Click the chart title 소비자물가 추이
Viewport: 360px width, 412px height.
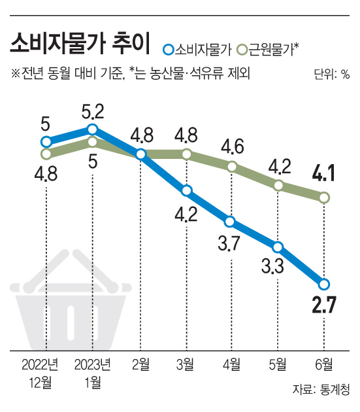[x=80, y=43]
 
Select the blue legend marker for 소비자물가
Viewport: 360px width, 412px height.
[x=168, y=50]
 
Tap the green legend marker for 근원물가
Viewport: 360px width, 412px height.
[x=242, y=50]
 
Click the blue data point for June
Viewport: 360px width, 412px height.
[x=324, y=284]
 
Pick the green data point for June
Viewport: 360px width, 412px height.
[x=324, y=197]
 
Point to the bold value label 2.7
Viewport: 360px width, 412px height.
[x=324, y=305]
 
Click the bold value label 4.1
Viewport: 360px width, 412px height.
[x=324, y=173]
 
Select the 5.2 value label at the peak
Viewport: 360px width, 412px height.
[x=93, y=111]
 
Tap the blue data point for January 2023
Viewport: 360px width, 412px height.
[x=92, y=129]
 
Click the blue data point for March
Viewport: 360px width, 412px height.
[x=186, y=190]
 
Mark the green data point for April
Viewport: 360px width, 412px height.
[x=232, y=166]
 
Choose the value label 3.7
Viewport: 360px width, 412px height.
[x=229, y=243]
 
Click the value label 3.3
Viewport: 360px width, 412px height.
[x=273, y=266]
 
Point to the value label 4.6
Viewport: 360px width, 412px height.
[x=233, y=146]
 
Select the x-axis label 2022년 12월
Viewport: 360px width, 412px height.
[x=40, y=373]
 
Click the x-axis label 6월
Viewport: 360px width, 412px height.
[x=324, y=364]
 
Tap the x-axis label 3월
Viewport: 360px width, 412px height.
[x=186, y=364]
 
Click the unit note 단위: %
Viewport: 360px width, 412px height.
[x=332, y=74]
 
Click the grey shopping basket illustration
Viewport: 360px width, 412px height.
[x=71, y=300]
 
